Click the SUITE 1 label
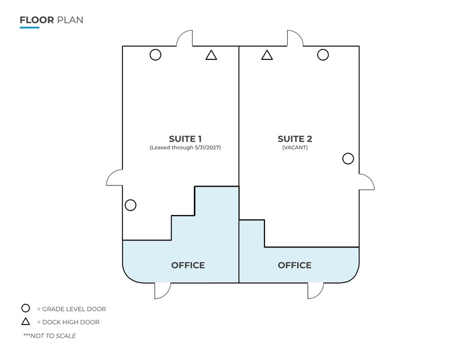click(185, 139)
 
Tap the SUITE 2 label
click(295, 139)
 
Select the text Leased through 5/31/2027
click(185, 148)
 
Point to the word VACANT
click(295, 148)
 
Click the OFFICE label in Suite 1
click(188, 265)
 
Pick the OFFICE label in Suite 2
click(294, 265)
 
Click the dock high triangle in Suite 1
click(211, 56)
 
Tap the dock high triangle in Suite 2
click(267, 56)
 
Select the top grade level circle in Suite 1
click(155, 49)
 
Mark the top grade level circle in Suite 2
click(323, 49)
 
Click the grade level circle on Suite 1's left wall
click(130, 200)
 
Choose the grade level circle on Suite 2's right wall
click(348, 153)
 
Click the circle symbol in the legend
click(26, 304)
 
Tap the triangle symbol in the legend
click(26, 318)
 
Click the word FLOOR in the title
click(37, 20)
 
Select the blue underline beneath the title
click(29, 28)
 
